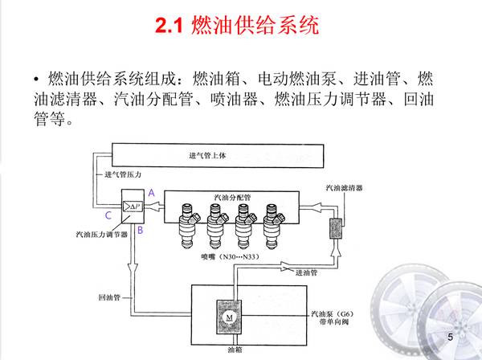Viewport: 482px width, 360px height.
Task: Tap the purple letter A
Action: pyautogui.click(x=151, y=193)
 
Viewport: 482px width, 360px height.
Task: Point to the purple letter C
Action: pyautogui.click(x=108, y=215)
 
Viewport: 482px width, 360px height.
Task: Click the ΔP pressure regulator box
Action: pyautogui.click(x=131, y=207)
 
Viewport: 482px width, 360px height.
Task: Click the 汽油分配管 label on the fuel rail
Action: pyautogui.click(x=232, y=197)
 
